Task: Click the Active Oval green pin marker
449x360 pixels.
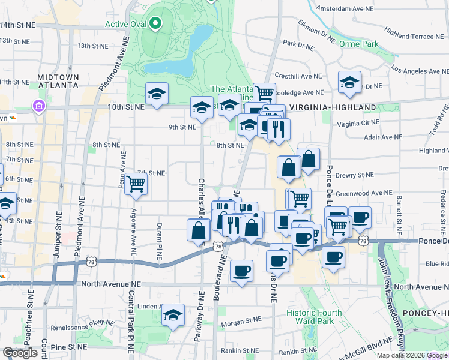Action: click(155, 24)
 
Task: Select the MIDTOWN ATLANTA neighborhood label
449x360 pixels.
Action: click(58, 81)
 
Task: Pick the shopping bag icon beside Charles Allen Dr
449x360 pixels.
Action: click(199, 230)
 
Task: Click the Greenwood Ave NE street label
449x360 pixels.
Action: click(364, 194)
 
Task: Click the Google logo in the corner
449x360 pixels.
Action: click(20, 353)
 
